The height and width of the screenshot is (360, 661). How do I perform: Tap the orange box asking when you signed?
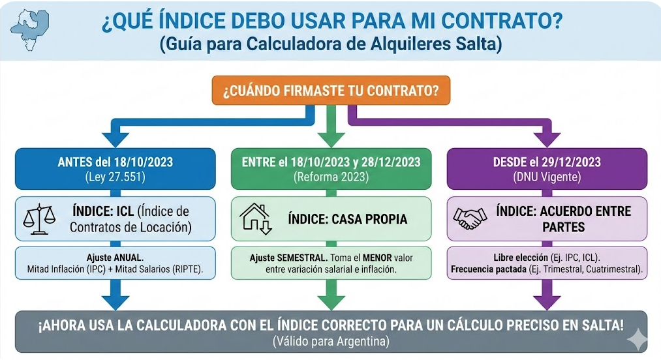[331, 90]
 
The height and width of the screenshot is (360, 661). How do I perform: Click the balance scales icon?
[40, 218]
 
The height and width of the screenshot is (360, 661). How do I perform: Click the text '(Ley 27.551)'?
[115, 177]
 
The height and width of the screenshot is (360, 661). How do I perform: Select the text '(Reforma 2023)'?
[331, 177]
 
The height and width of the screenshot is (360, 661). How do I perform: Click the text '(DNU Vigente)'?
[547, 177]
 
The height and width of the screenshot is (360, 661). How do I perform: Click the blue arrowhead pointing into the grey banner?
[115, 301]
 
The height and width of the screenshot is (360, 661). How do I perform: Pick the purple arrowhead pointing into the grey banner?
[547, 301]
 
